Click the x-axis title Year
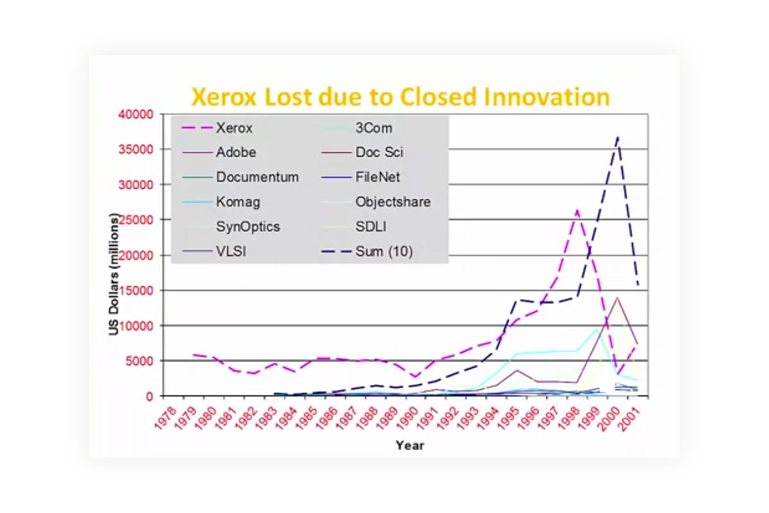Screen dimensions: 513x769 pyautogui.click(x=409, y=445)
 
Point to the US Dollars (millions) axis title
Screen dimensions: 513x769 pyautogui.click(x=114, y=274)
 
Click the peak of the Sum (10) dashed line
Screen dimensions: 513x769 pyautogui.click(x=617, y=137)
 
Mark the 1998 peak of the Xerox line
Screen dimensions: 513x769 pyautogui.click(x=576, y=210)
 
